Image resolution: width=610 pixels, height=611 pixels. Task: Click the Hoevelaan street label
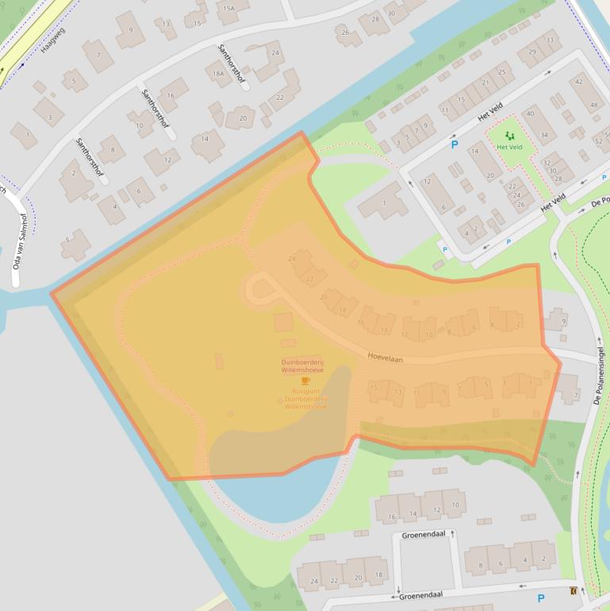pyautogui.click(x=386, y=359)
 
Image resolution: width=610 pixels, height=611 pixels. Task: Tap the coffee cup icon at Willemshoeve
pyautogui.click(x=305, y=381)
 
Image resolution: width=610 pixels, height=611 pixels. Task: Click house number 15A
pyautogui.click(x=229, y=9)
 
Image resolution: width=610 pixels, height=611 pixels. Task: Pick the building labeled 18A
pyautogui.click(x=218, y=73)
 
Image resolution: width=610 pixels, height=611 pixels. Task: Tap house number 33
pyautogui.click(x=550, y=40)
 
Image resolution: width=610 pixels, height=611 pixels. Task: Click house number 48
pyautogui.click(x=596, y=106)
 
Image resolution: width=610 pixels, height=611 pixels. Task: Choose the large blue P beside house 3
pyautogui.click(x=455, y=144)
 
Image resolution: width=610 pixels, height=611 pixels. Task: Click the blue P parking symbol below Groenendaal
pyautogui.click(x=541, y=598)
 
